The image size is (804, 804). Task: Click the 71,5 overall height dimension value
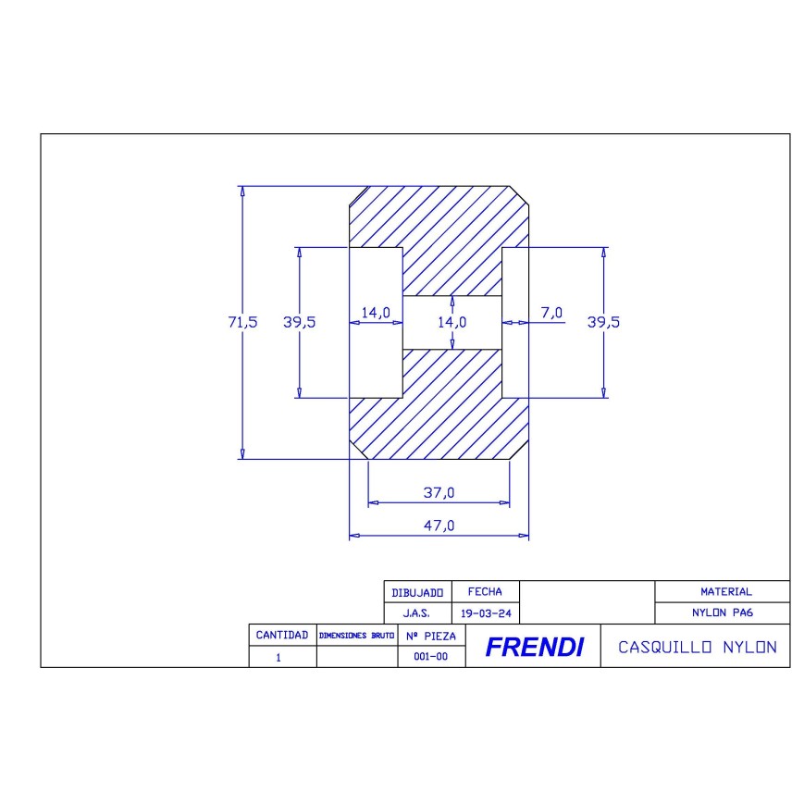click(242, 322)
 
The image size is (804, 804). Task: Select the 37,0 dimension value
click(439, 493)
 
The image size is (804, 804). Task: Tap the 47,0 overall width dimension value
click(439, 526)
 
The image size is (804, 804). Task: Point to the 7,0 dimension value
click(550, 313)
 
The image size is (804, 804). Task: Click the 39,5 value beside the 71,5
click(300, 322)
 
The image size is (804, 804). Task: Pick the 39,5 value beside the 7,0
click(603, 322)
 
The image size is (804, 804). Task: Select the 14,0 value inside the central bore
click(451, 322)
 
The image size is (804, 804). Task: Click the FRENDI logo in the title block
click(534, 648)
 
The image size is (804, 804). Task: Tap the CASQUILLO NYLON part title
click(697, 647)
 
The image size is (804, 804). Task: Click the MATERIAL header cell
click(725, 591)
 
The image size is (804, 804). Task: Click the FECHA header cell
click(485, 591)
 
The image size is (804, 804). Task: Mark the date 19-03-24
click(485, 613)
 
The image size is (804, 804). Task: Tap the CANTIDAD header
click(282, 636)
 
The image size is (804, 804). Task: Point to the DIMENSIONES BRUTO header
click(356, 637)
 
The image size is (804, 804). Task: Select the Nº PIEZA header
click(430, 637)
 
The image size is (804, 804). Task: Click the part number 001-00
click(430, 658)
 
